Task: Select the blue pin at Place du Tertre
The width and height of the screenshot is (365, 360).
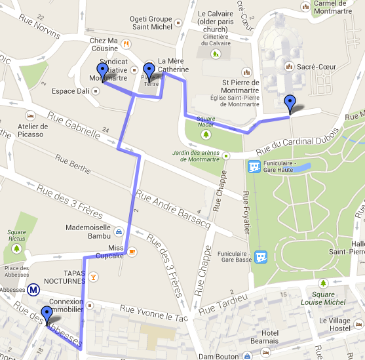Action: pos(149,71)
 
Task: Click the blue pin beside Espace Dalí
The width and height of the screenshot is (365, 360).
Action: pos(102,72)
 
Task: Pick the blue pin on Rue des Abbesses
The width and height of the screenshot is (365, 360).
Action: pos(47,315)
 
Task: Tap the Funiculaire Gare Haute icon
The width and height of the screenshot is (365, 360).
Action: pos(254,167)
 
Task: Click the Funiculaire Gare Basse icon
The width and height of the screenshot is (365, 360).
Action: pos(261,256)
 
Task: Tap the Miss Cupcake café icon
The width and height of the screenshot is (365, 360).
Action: pos(132,251)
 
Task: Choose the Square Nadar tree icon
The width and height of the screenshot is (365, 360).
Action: pos(206,134)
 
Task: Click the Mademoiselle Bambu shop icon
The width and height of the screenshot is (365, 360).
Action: pos(118,231)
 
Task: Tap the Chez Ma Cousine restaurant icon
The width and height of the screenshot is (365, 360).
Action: pos(124,44)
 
